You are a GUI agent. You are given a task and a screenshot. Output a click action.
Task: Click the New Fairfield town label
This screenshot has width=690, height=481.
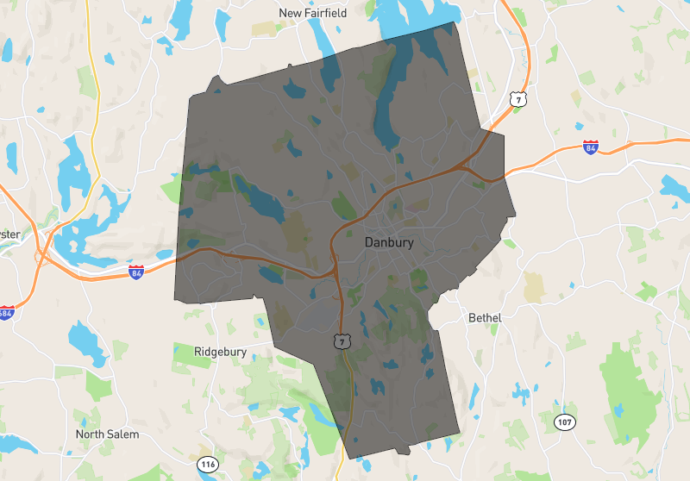(312, 13)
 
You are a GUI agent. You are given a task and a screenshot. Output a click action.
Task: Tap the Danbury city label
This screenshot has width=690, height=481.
(389, 243)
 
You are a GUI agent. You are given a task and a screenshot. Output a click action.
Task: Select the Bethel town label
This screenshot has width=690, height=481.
(485, 318)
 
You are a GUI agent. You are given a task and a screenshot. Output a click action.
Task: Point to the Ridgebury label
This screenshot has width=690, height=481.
(220, 352)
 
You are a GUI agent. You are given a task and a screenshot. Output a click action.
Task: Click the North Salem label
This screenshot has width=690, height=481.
(107, 434)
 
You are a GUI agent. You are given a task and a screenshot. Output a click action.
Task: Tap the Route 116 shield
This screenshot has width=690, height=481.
(207, 465)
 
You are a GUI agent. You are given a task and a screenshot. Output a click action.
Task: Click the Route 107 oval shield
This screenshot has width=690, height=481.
(564, 422)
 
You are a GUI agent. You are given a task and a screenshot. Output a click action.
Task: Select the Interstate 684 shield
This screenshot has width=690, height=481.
(7, 313)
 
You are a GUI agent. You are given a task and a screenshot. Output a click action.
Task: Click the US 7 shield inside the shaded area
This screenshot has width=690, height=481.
(342, 341)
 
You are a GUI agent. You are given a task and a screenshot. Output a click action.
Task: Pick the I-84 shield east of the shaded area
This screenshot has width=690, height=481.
(590, 147)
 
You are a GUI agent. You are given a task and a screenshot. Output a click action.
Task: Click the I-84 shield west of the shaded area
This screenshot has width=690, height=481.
(136, 272)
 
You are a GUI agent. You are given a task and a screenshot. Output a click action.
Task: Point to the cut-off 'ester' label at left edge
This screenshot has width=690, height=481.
(9, 234)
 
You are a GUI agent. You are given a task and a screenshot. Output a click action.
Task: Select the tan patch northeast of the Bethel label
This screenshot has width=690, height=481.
(535, 288)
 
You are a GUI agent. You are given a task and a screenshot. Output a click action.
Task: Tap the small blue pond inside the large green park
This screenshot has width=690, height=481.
(618, 406)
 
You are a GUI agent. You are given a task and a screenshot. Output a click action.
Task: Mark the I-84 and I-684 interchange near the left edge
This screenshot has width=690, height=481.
(41, 255)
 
